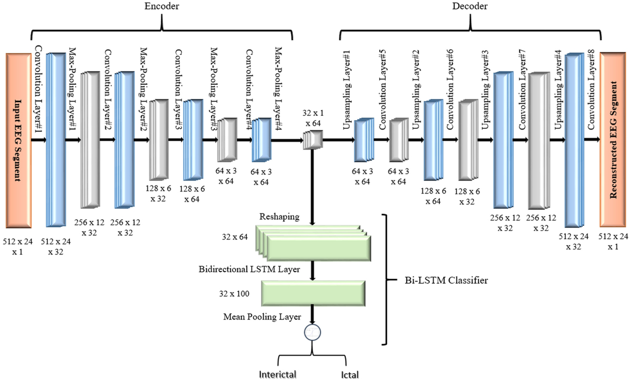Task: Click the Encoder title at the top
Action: pyautogui.click(x=162, y=6)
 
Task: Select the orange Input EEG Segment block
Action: pyautogui.click(x=18, y=140)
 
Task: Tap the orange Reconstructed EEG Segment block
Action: pyautogui.click(x=613, y=140)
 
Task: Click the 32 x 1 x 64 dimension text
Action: pyautogui.click(x=313, y=118)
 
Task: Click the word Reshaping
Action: pyautogui.click(x=279, y=217)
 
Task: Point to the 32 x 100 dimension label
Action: pyautogui.click(x=234, y=294)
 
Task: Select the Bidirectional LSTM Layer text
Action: pyautogui.click(x=249, y=269)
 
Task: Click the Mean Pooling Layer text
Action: pyautogui.click(x=262, y=317)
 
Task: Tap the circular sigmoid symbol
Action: pyautogui.click(x=312, y=333)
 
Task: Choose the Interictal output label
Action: pyautogui.click(x=278, y=375)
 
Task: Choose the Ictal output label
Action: pyautogui.click(x=350, y=375)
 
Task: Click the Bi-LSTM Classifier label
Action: pyautogui.click(x=446, y=280)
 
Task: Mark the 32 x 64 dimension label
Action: pyautogui.click(x=234, y=237)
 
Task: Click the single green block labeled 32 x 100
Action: pyautogui.click(x=313, y=294)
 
